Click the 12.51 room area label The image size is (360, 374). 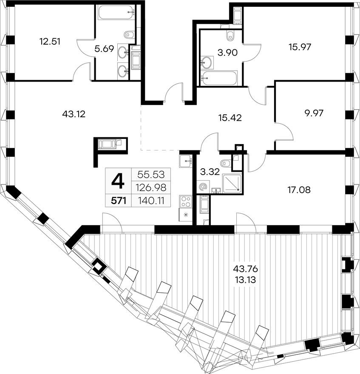[50, 42]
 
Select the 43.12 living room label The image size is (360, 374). [74, 114]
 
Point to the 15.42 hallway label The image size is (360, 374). [230, 118]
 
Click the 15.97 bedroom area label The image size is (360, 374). [300, 47]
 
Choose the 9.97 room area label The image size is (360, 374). [314, 113]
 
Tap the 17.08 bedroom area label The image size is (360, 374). [299, 190]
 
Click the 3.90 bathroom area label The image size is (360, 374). [227, 52]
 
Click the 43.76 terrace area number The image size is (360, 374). [246, 269]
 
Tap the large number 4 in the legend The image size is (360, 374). [118, 181]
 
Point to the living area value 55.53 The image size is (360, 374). [151, 175]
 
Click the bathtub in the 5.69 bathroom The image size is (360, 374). [115, 13]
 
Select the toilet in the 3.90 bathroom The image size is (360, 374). [230, 35]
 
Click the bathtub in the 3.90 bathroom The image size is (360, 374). [219, 78]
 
